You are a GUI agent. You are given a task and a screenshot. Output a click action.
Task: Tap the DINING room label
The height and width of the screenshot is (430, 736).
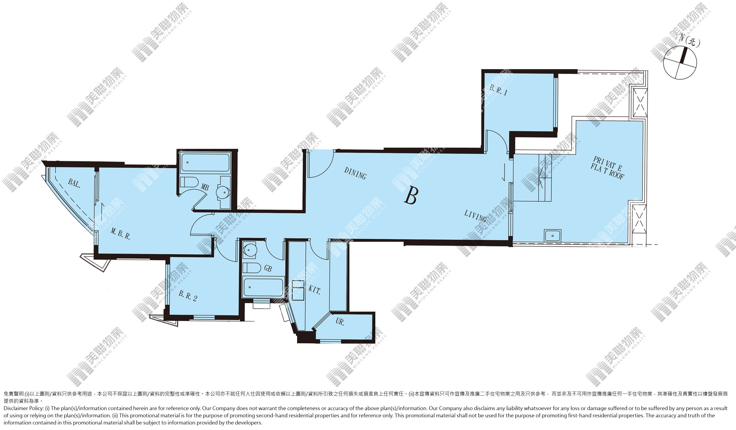[x=355, y=173]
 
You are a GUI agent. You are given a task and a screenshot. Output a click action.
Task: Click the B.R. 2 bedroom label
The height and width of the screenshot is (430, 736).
[x=188, y=296]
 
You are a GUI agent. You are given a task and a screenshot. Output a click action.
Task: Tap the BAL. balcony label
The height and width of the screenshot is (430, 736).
[x=74, y=183]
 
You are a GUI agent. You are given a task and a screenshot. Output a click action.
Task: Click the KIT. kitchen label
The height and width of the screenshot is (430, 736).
[x=315, y=290]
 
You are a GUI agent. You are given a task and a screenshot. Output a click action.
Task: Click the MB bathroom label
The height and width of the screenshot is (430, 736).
[x=205, y=186]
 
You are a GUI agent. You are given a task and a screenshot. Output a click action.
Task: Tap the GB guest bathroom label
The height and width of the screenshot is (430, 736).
[x=268, y=268]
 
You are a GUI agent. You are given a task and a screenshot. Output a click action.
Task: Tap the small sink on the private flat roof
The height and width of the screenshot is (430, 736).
[x=552, y=235]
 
